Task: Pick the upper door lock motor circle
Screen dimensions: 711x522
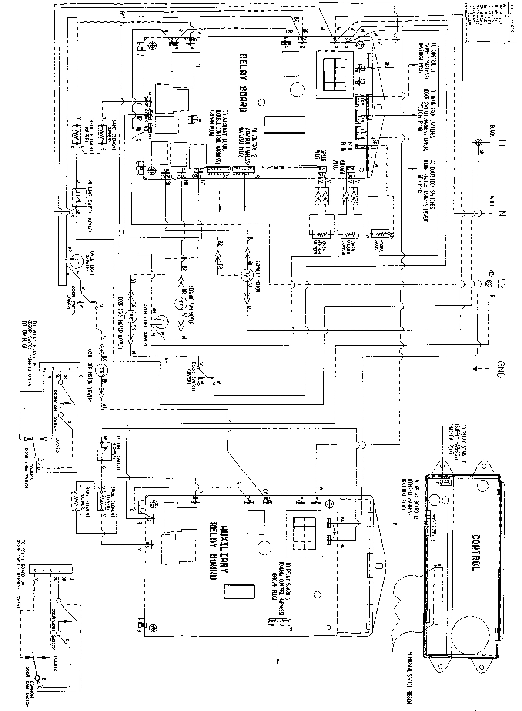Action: pos(129,316)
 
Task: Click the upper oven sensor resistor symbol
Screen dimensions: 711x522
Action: pos(321,232)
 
